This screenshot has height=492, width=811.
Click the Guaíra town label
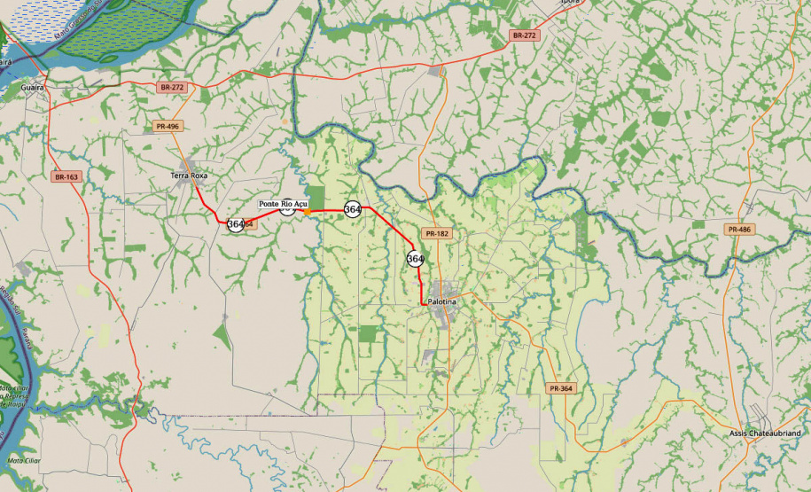point(32,88)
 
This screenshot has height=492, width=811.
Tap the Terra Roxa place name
point(187,176)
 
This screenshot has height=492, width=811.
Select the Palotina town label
point(441,302)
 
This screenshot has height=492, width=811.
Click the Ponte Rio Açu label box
point(282,204)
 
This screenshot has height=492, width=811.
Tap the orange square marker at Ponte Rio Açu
point(307,211)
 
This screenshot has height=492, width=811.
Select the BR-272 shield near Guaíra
point(171,88)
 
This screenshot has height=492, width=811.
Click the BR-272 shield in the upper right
point(524,35)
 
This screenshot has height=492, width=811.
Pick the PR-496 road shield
point(167,127)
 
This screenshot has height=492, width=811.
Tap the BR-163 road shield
point(66,177)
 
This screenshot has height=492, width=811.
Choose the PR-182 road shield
point(437,234)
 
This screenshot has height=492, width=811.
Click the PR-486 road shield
point(739,230)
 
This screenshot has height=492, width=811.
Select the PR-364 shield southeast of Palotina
point(561,388)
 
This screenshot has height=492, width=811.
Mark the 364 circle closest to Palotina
point(415,259)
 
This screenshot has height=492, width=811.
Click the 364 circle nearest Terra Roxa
point(235,224)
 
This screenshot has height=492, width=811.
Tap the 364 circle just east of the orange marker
point(352,210)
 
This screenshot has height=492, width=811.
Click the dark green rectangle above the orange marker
point(316,197)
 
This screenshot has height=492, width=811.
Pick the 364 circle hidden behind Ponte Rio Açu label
point(286,209)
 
